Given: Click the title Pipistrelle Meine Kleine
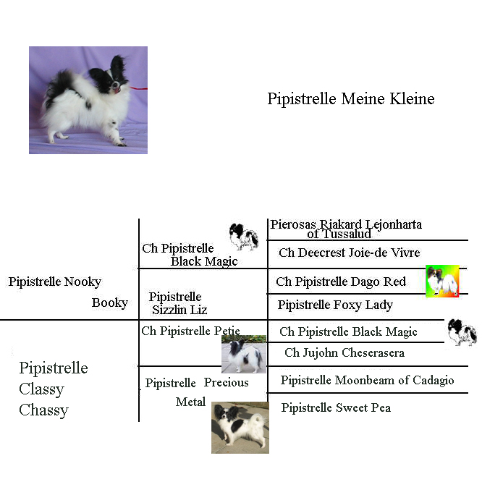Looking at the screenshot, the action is coord(351,99).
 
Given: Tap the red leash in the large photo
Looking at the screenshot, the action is coord(139,88).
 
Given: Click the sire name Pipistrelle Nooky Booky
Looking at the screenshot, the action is coord(68,292).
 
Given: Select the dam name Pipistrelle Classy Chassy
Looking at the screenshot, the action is coord(54,389).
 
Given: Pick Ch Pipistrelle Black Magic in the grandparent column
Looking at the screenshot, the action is coord(190,255).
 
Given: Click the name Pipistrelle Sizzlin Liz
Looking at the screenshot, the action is coord(178,303).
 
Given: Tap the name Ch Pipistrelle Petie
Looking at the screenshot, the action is coord(190,331).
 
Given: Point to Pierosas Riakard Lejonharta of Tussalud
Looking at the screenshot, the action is coord(346,229).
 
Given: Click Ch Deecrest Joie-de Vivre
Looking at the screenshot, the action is coord(350,253).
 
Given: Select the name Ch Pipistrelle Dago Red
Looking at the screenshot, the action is coord(341,282).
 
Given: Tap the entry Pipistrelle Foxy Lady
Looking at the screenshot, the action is coord(335,305).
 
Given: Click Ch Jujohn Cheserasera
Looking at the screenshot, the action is coord(344,352).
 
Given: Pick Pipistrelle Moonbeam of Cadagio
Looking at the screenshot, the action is coord(367,380).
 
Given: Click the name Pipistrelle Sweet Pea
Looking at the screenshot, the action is coord(336,408).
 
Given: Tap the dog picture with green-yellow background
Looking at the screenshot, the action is coord(442,282).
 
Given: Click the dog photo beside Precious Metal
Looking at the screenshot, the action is coord(240,428).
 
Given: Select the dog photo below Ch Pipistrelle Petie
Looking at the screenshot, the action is coord(244,354).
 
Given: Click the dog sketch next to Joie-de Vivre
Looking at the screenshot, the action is coord(243,237).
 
